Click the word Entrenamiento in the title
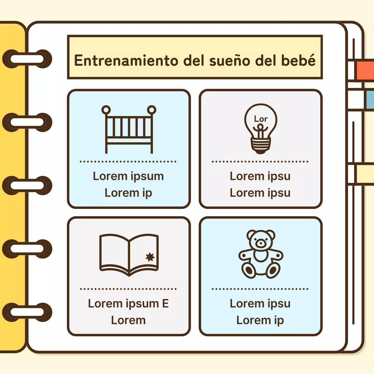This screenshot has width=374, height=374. coord(126,60)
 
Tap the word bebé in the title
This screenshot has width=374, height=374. coord(298,60)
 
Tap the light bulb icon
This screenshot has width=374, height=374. coord(261,129)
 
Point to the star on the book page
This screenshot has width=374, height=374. coord(150,257)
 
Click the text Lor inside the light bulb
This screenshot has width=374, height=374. coord(261,119)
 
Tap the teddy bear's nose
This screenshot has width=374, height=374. coord(261,243)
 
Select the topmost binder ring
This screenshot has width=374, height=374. coord(27,59)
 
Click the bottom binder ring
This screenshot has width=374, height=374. coord(27,312)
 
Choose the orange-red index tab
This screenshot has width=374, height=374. coord(365,70)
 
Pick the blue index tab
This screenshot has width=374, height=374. coord(369,99)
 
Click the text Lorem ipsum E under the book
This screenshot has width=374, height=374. coord(129,304)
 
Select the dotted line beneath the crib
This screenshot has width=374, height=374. coord(128,161)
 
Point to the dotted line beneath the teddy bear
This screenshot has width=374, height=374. coord(260,289)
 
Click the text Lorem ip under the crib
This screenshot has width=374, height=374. coord(128,193)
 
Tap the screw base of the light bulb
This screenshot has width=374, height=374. coord(261,144)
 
